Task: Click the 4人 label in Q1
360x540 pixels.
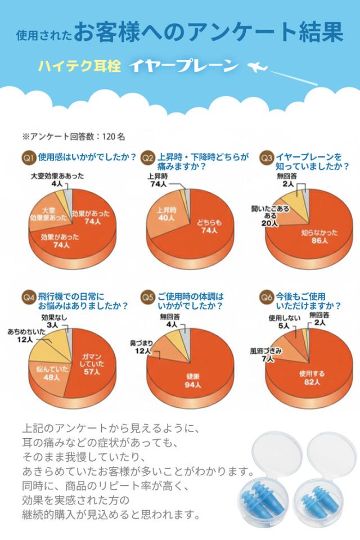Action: (x=56, y=183)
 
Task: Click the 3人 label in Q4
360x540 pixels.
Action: (x=53, y=325)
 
